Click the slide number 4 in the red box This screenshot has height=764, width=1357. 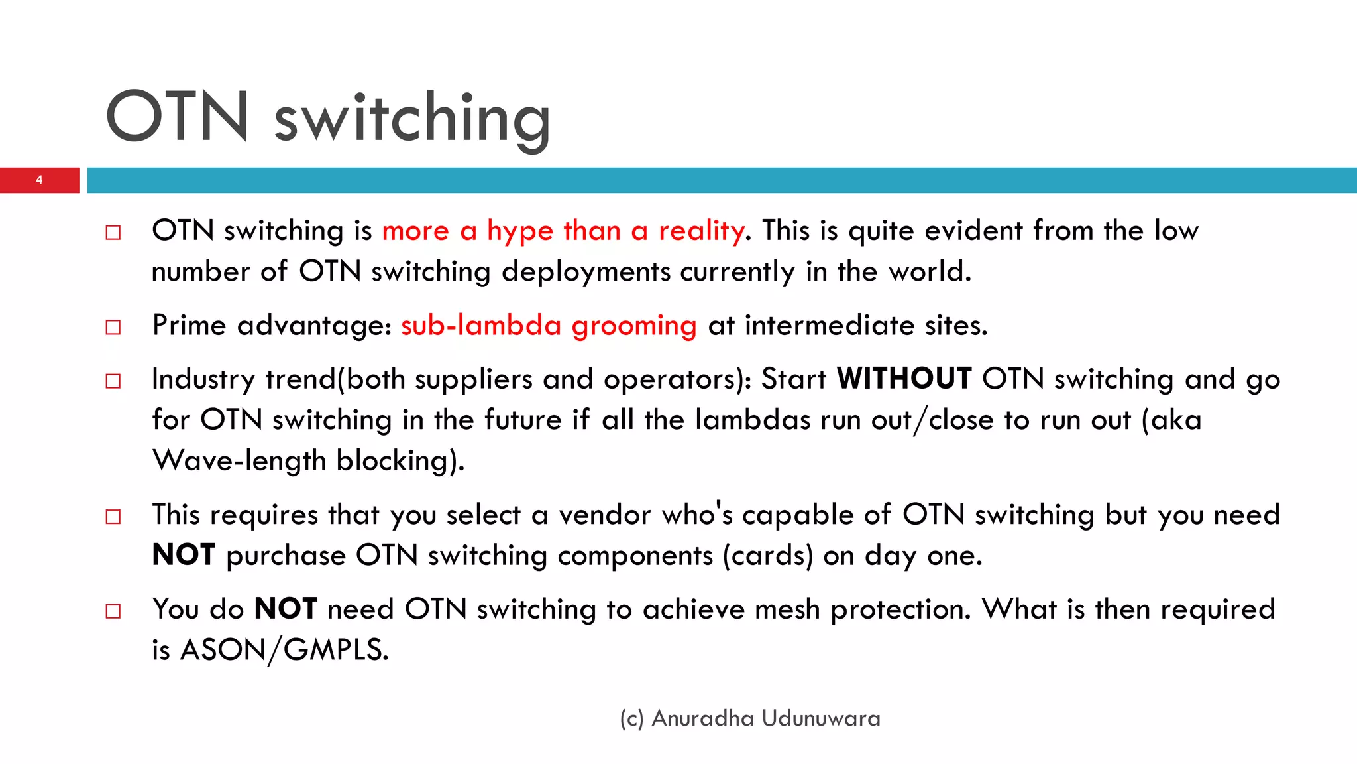[x=39, y=180]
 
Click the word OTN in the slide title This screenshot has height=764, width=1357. [x=178, y=117]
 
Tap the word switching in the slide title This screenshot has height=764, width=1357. [x=412, y=119]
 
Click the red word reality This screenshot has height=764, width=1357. [x=701, y=231]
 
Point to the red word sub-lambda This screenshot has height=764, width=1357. [x=481, y=326]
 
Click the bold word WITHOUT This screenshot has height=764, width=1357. [x=904, y=379]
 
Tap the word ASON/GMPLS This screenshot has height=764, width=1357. [x=284, y=650]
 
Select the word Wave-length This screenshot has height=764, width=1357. [x=239, y=461]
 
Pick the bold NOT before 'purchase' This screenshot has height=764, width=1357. [x=184, y=555]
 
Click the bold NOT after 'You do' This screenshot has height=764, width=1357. [x=286, y=609]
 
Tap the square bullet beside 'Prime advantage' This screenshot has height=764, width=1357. [x=113, y=327]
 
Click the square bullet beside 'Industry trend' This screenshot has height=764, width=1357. [x=113, y=381]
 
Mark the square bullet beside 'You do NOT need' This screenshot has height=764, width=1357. [x=113, y=611]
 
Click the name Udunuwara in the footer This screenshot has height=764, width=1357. [x=821, y=718]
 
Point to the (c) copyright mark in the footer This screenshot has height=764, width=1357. [x=631, y=719]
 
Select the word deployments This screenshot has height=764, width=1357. [x=586, y=272]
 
